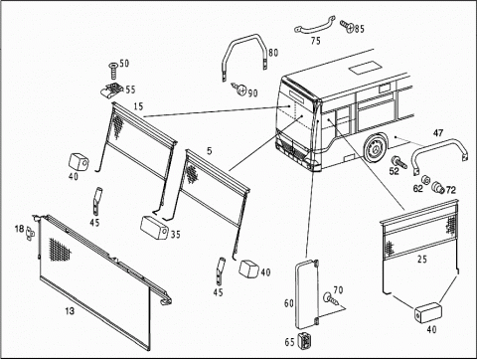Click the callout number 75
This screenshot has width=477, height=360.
[316, 41]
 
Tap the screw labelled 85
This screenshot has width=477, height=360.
[348, 26]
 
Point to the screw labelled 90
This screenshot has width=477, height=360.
[239, 89]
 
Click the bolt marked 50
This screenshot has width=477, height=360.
[113, 70]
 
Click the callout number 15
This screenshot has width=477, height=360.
[138, 106]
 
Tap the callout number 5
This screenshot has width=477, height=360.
[210, 151]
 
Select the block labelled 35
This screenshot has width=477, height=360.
[154, 227]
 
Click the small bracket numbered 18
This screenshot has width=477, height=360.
[31, 232]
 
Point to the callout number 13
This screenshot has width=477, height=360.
[70, 311]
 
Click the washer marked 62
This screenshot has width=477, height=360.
[425, 180]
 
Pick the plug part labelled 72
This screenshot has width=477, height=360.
[439, 187]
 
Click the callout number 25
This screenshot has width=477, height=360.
[422, 259]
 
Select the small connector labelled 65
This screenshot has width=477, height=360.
[304, 341]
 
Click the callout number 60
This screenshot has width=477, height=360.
[289, 302]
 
